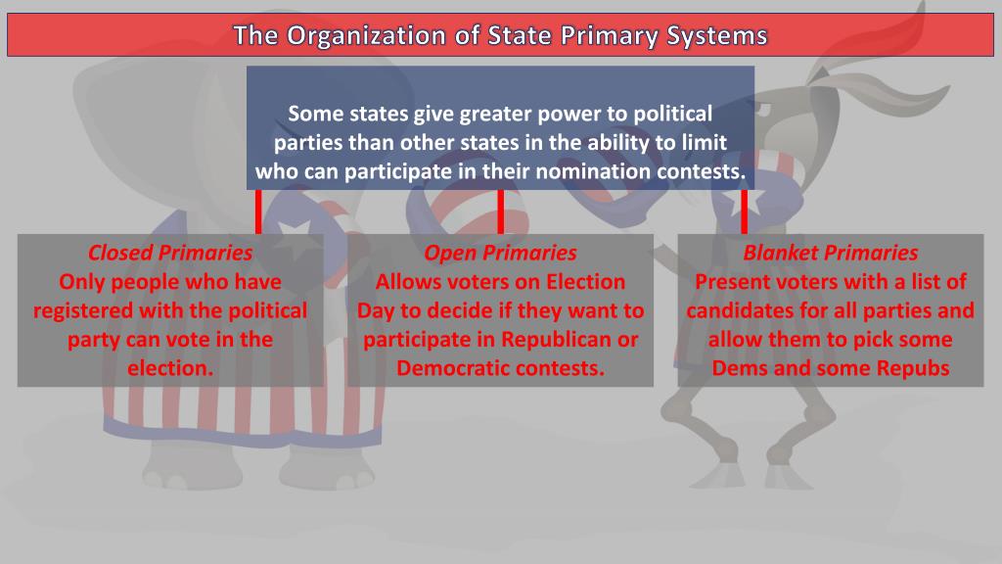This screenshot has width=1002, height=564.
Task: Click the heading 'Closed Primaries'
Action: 170,253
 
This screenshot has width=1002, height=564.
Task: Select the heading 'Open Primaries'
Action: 500,253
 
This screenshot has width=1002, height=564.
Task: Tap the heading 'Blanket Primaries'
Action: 831,253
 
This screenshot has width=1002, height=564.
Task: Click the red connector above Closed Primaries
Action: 259,211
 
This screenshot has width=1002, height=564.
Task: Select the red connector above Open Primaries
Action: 500,211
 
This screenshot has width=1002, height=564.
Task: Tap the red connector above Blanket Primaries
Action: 744,211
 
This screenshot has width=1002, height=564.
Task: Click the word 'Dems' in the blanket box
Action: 740,369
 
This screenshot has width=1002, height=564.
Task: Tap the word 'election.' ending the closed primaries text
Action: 170,369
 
